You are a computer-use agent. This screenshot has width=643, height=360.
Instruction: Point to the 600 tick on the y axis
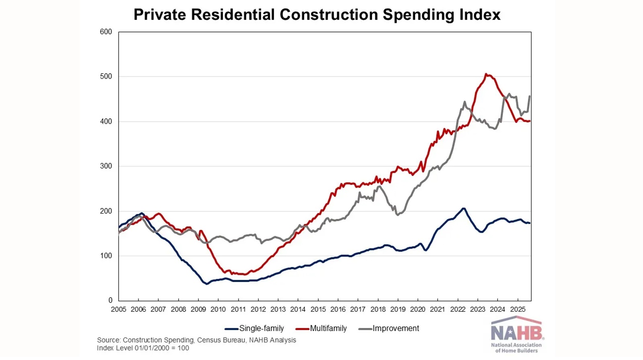coord(106,32)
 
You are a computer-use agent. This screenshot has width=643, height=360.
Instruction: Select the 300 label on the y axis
coord(106,166)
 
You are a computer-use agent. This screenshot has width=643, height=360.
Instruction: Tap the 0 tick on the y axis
coord(110,300)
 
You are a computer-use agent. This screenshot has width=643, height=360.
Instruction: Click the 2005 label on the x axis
coord(118,309)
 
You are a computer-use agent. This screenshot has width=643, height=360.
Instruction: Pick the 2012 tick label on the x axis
coord(258,309)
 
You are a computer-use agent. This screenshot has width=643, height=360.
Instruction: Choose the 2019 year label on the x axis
coord(398,309)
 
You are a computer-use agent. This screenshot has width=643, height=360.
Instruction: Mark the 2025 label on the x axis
coord(518,309)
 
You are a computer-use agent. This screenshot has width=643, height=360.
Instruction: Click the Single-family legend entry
coord(261,328)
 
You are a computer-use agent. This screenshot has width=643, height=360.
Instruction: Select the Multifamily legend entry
coord(328,328)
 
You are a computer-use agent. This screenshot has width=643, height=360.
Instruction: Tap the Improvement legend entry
coord(395,328)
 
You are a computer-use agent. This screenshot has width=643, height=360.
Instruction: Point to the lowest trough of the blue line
coord(207,284)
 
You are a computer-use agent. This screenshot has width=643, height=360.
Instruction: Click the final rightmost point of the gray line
coord(530,96)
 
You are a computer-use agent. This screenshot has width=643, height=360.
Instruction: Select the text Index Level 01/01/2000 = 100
coord(143,348)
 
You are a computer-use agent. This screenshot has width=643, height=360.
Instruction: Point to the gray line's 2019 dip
coord(397,215)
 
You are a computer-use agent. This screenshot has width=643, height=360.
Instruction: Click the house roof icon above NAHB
coord(516,321)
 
